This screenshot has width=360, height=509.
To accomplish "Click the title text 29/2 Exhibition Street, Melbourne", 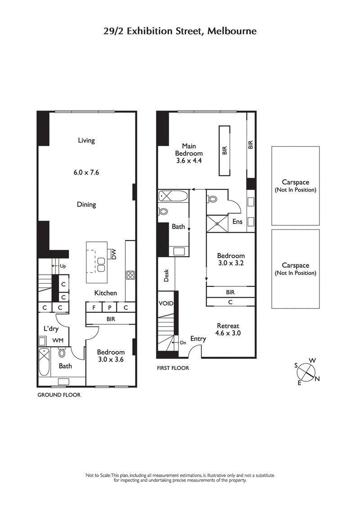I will [x=180, y=31].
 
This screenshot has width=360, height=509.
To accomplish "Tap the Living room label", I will [x=86, y=140].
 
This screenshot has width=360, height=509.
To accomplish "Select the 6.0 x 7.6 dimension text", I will [x=86, y=172].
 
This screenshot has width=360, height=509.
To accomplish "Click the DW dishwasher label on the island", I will [x=113, y=255].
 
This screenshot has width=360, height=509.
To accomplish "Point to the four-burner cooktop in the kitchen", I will [x=130, y=275].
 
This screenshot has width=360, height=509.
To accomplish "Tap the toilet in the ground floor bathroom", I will [x=62, y=353].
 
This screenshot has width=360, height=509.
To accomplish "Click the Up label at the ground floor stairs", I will [x=63, y=266].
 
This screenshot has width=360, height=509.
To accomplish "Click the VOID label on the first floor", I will [x=166, y=304].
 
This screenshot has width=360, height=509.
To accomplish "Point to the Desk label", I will [x=166, y=275].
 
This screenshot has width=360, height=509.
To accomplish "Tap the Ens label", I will [x=237, y=222].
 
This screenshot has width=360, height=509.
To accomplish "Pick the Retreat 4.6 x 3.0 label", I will [x=228, y=330].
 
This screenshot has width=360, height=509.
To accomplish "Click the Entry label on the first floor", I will [x=198, y=339].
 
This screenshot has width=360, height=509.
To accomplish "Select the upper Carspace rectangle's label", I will [x=295, y=186].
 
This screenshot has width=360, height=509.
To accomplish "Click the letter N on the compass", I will [x=317, y=379].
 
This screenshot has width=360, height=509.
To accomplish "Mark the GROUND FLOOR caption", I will [x=58, y=395].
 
